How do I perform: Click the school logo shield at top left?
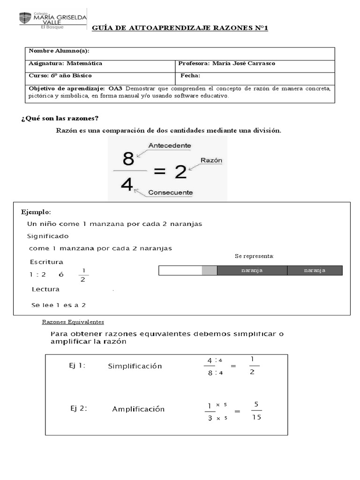pos(25,18)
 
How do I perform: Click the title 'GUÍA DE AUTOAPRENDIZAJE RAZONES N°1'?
pos(180,29)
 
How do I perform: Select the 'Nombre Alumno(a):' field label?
pos(59,51)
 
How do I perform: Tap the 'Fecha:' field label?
pos(190,75)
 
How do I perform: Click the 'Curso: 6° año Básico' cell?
pos(60,75)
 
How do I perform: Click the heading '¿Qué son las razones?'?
pos(60,118)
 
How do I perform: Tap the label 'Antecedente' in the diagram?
pos(170,146)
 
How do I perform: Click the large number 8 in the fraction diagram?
pos(128,160)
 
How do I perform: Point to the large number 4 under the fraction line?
pos(127,185)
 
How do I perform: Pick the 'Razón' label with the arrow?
pos(211,160)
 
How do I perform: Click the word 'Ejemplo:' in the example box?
pos(36,212)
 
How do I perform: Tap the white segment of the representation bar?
pos(180,270)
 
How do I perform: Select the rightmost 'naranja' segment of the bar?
pos(315,270)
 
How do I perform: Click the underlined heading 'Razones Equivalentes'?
pos(73,322)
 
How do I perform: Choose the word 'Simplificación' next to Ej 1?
pos(135,366)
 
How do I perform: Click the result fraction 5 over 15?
pos(256,411)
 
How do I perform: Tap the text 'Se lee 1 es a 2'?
pos(59,305)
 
